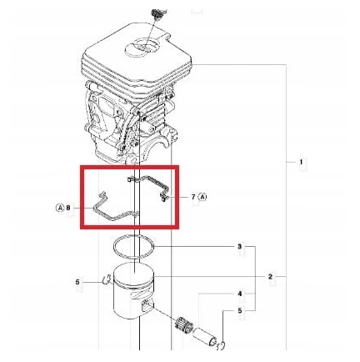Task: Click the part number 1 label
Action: click(x=299, y=162)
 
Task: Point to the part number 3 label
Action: click(x=241, y=247)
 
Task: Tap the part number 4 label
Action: click(x=241, y=294)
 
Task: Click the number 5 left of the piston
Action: click(x=77, y=282)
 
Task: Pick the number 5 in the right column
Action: click(x=241, y=312)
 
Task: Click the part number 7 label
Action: click(x=192, y=198)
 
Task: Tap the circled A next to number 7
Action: click(x=202, y=198)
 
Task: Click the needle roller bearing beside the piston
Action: click(x=185, y=323)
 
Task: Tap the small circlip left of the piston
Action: click(x=105, y=280)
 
